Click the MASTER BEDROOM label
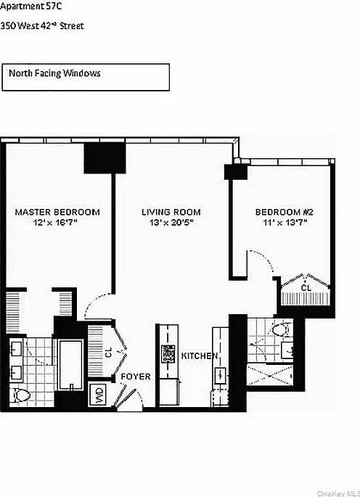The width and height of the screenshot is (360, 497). pyautogui.click(x=57, y=212)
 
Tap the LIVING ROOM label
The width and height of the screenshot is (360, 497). pyautogui.click(x=171, y=212)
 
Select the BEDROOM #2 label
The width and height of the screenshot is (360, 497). pyautogui.click(x=284, y=212)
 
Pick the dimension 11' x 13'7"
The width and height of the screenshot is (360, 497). pyautogui.click(x=284, y=224)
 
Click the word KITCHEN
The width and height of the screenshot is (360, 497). pyautogui.click(x=200, y=356)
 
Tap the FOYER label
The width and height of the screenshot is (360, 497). pyautogui.click(x=135, y=377)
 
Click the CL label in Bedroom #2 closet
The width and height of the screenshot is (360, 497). pyautogui.click(x=306, y=288)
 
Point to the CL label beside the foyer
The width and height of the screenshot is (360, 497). pyautogui.click(x=109, y=353)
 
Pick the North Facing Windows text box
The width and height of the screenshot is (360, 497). pyautogui.click(x=86, y=77)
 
